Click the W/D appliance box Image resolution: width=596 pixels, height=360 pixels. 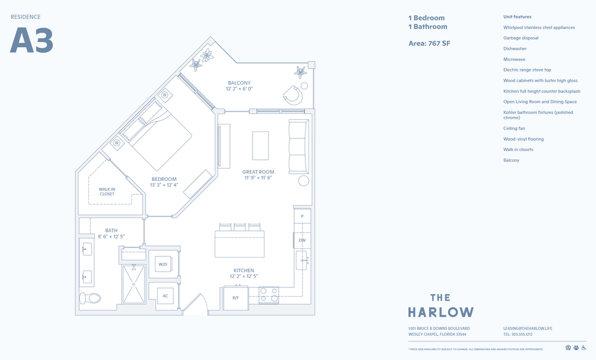162,264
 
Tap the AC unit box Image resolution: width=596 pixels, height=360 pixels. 165,295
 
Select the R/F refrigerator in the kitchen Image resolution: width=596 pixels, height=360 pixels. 236,298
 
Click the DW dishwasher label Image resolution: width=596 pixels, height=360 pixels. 302,240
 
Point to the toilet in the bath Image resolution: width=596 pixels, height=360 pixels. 90,298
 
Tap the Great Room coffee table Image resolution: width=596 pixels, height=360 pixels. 260,145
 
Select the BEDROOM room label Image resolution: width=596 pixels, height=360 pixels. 164,179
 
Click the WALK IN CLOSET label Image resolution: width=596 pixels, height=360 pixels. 107,191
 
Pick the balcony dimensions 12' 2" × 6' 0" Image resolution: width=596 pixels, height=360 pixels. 239,89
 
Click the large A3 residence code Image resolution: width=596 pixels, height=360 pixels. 31,41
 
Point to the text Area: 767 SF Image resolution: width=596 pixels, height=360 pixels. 430,43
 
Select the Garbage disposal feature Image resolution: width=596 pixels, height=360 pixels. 520,38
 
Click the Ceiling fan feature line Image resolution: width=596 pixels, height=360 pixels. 514,129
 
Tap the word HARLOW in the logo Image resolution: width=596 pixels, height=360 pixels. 441,312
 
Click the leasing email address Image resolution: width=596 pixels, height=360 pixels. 527,329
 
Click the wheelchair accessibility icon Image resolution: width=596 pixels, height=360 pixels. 583,348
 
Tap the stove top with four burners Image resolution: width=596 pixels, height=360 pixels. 269,295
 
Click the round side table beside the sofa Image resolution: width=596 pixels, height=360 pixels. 304,181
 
